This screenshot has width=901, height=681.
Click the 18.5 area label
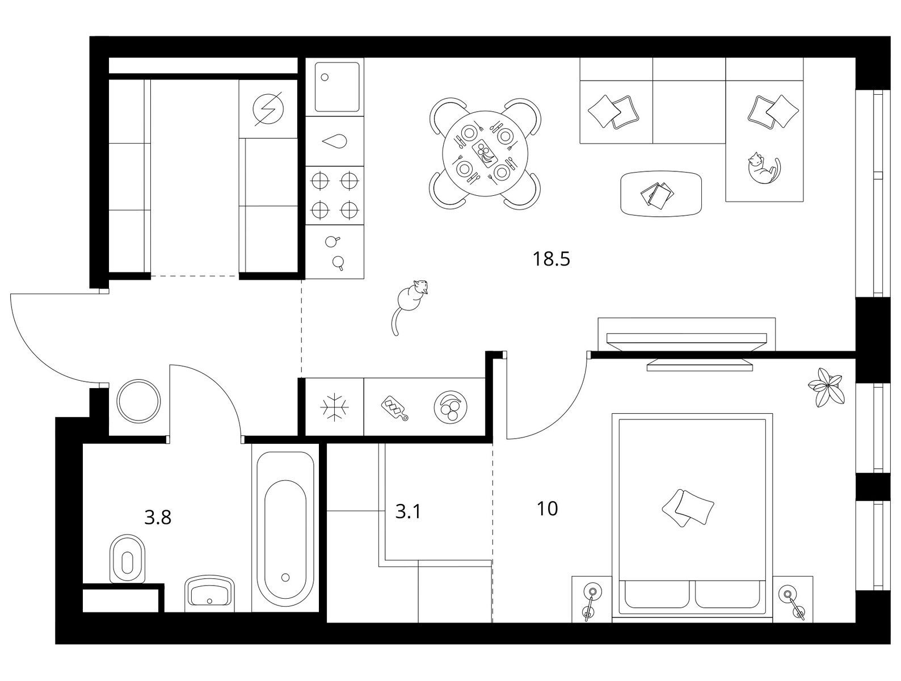pyautogui.click(x=551, y=259)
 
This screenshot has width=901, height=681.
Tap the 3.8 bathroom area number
pyautogui.click(x=158, y=518)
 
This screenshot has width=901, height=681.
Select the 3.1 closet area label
pyautogui.click(x=408, y=512)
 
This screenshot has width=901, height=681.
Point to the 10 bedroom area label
pyautogui.click(x=547, y=509)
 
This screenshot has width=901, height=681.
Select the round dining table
pyautogui.click(x=485, y=154)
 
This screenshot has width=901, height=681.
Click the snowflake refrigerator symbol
pyautogui.click(x=334, y=407)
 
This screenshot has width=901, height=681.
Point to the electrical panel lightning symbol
pyautogui.click(x=268, y=109)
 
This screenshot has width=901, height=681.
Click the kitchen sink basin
pyautogui.click(x=336, y=87)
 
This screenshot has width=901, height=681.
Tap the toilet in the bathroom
pyautogui.click(x=128, y=558)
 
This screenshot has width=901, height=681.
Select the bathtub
pyautogui.click(x=286, y=532)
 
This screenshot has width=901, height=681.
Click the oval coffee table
pyautogui.click(x=661, y=194)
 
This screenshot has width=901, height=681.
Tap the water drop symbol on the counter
pyautogui.click(x=335, y=141)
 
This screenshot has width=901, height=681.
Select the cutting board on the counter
pyautogui.click(x=395, y=408)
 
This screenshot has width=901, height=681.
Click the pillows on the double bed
pyautogui.click(x=688, y=507)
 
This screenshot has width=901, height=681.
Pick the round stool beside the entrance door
pyautogui.click(x=138, y=400)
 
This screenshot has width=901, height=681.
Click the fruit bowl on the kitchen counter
pyautogui.click(x=450, y=407)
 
